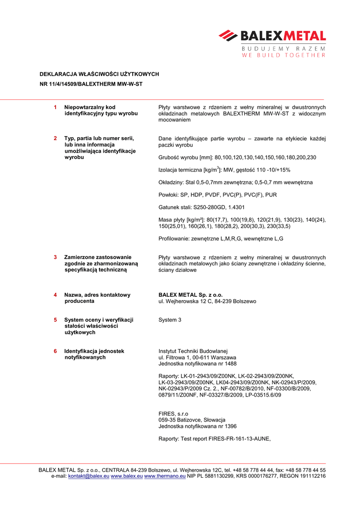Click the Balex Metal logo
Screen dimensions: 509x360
point(272,36)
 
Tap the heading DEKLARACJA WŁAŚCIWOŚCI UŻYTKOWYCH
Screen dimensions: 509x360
point(99,74)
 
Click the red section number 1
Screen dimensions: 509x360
point(55,107)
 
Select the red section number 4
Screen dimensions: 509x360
point(55,295)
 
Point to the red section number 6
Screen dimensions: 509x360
point(55,351)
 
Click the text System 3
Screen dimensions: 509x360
point(170,320)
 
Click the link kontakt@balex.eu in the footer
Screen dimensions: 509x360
point(89,476)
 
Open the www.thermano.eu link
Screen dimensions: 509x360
point(165,476)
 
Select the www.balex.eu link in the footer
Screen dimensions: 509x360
point(126,476)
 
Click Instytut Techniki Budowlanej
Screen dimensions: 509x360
point(192,351)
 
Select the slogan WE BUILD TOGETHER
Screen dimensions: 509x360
point(283,55)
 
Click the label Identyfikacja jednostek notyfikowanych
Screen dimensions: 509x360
point(94,354)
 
